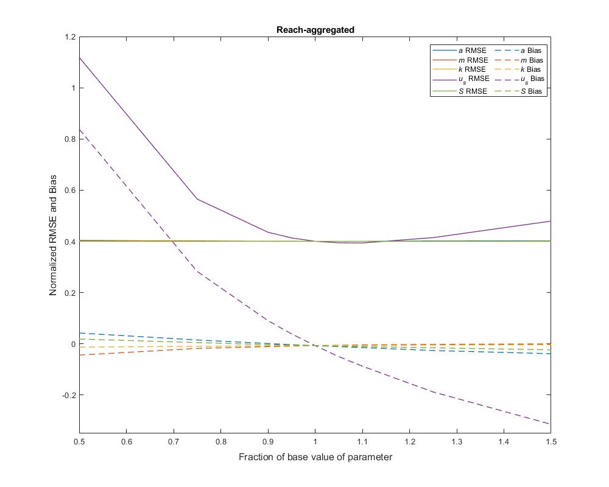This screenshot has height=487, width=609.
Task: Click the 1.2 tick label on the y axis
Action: [69, 37]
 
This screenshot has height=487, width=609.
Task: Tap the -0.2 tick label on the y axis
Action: [68, 396]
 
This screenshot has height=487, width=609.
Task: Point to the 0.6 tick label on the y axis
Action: [69, 191]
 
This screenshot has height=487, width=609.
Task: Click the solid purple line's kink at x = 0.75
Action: [197, 198]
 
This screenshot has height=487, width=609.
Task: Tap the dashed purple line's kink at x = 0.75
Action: [197, 271]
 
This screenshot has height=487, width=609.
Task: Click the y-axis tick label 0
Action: [73, 344]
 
